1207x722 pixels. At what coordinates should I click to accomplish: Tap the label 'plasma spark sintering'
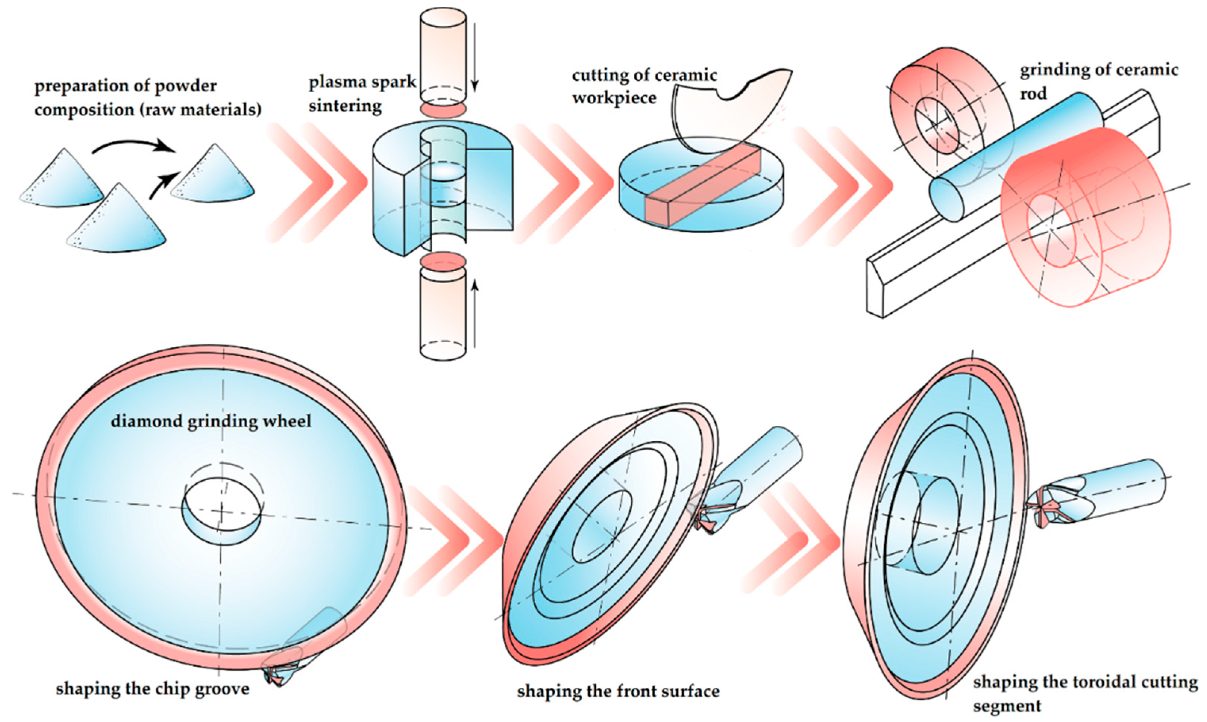click(x=362, y=93)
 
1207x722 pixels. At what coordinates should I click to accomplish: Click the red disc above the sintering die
click(x=443, y=109)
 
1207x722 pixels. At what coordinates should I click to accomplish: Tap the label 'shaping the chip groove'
click(x=152, y=688)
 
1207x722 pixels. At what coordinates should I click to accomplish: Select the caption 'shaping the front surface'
click(x=618, y=691)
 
